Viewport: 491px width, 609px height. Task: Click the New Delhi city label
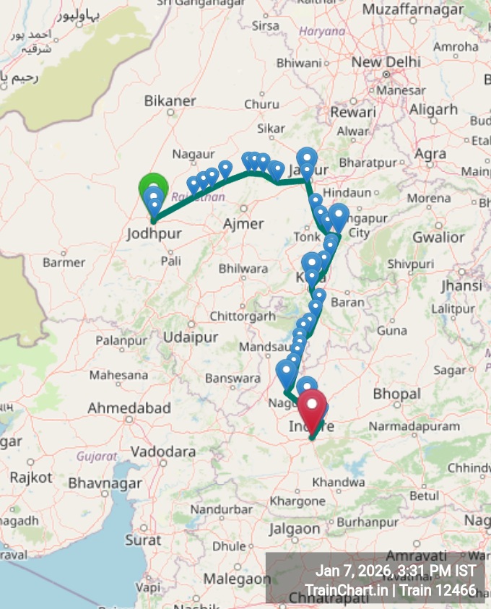pyautogui.click(x=386, y=62)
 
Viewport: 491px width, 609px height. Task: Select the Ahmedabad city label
pyautogui.click(x=129, y=408)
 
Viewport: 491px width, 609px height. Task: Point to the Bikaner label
pyautogui.click(x=170, y=101)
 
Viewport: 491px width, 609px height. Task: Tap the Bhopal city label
pyautogui.click(x=396, y=394)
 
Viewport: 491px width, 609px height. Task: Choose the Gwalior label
pyautogui.click(x=438, y=237)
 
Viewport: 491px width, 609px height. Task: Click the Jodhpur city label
pyautogui.click(x=154, y=234)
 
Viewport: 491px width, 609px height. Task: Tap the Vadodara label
pyautogui.click(x=163, y=452)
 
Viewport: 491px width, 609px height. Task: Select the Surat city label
pyautogui.click(x=143, y=540)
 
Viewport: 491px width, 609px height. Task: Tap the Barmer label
pyautogui.click(x=64, y=262)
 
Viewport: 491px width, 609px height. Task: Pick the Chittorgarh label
pyautogui.click(x=243, y=316)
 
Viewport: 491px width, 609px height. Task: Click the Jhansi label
pyautogui.click(x=461, y=285)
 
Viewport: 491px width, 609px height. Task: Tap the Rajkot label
pyautogui.click(x=31, y=478)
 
